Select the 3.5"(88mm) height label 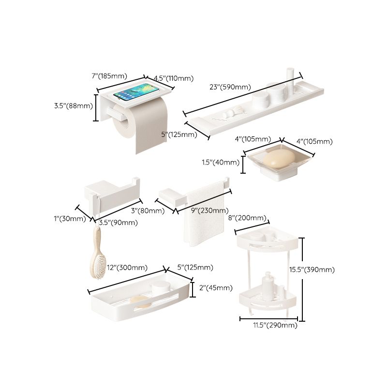(73, 105)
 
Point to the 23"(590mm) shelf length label (230, 87)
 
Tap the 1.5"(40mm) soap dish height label (221, 163)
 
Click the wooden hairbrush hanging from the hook (97, 256)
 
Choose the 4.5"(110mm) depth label (174, 78)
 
